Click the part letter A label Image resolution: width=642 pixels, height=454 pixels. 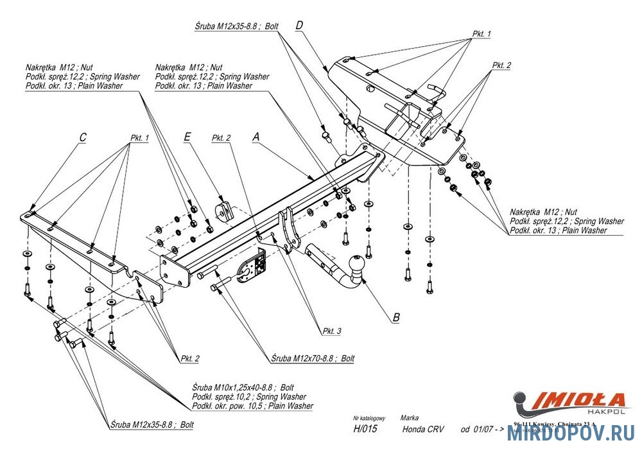point(256,137)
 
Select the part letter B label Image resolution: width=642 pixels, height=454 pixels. point(396,317)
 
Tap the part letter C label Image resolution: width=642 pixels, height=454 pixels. point(83,137)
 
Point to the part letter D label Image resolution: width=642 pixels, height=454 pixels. point(299,25)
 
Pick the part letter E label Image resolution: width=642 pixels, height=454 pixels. point(187,137)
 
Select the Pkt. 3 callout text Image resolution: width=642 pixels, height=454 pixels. point(332,331)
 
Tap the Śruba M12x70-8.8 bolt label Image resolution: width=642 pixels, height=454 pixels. point(313,358)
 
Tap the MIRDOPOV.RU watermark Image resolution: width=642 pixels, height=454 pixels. point(571,434)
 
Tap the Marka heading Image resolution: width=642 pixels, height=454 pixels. point(409,417)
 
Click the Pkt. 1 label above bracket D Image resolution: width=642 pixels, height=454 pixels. point(481,33)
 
